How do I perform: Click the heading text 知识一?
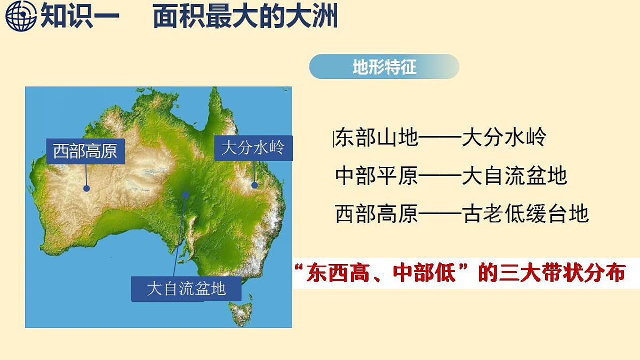pyautogui.click(x=80, y=17)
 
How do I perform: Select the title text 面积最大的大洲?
pyautogui.click(x=245, y=17)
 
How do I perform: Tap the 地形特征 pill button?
pyautogui.click(x=384, y=67)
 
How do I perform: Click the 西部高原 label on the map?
pyautogui.click(x=85, y=151)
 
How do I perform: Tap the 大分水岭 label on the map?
pyautogui.click(x=253, y=147)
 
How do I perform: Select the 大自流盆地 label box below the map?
pyautogui.click(x=186, y=289)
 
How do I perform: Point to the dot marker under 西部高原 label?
pyautogui.click(x=86, y=188)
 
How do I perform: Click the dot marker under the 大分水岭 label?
pyautogui.click(x=255, y=185)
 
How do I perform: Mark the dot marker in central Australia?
pyautogui.click(x=186, y=195)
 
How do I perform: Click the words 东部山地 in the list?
pyautogui.click(x=377, y=138)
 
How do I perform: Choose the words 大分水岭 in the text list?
pyautogui.click(x=504, y=138)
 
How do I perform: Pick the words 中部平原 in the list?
pyautogui.click(x=377, y=175)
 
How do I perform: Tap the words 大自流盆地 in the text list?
pyautogui.click(x=515, y=175)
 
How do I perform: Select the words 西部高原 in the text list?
pyautogui.click(x=377, y=213)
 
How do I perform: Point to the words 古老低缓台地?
pyautogui.click(x=525, y=213)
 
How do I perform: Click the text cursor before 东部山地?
pyautogui.click(x=333, y=139)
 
